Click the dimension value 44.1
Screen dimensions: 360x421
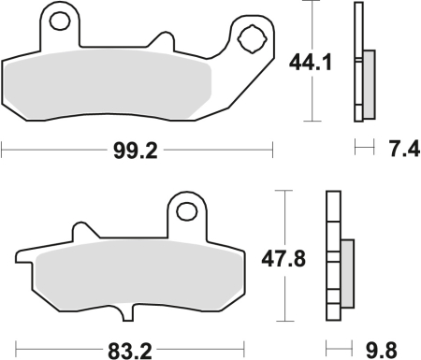(310, 64)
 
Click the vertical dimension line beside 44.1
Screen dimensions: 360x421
(310, 103)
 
